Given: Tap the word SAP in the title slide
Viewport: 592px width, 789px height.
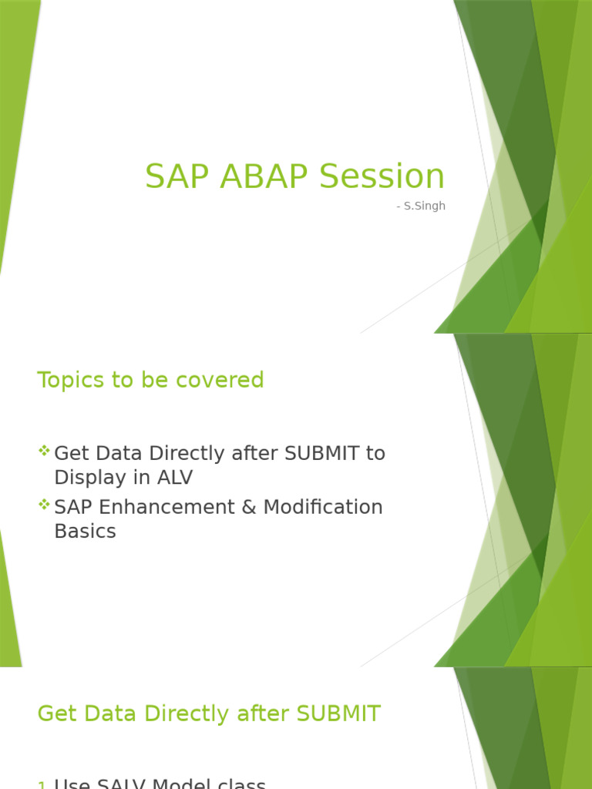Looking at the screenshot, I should [177, 176].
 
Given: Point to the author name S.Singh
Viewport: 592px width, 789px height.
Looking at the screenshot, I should [423, 206].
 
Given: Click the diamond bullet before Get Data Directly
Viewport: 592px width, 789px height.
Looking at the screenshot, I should [44, 451].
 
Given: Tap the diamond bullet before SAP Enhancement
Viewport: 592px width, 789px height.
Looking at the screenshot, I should [44, 505].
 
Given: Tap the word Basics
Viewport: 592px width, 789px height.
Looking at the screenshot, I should [85, 532].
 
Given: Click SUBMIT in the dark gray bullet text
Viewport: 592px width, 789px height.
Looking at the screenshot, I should [322, 454].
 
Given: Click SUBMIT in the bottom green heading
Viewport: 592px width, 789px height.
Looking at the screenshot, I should [338, 714].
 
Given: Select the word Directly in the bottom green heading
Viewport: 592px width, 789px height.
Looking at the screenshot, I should [200, 714].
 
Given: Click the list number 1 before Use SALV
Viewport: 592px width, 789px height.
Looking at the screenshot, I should [42, 785].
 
